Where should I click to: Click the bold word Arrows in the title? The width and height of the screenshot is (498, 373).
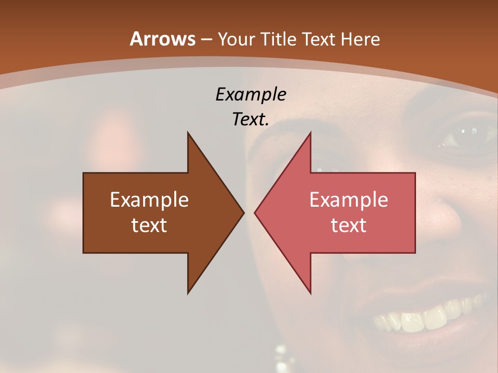coord(163,39)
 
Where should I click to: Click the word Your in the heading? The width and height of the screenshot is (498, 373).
coord(236,39)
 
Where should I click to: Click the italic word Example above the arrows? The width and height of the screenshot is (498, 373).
coord(251,94)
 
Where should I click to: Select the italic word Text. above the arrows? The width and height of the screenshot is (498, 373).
coord(251,119)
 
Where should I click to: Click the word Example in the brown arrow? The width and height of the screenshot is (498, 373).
coord(149,199)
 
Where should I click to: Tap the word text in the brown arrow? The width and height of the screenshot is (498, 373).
coord(149,225)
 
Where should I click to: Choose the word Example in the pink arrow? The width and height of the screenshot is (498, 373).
coord(349,199)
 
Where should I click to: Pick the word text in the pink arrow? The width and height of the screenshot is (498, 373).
coord(349,225)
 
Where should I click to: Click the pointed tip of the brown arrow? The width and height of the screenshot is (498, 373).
coord(244,212)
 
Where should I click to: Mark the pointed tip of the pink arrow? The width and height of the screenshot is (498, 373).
coord(255,212)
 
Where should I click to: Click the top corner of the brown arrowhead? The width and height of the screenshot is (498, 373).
coord(188,133)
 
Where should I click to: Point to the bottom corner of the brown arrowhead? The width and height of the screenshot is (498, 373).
coord(188,293)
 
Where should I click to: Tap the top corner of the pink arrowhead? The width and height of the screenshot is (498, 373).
coord(311,133)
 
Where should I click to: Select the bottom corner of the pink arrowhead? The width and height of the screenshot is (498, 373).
coord(311,293)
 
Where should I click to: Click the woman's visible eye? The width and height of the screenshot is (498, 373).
coord(460,136)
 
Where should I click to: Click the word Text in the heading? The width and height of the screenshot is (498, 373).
coord(319,39)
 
